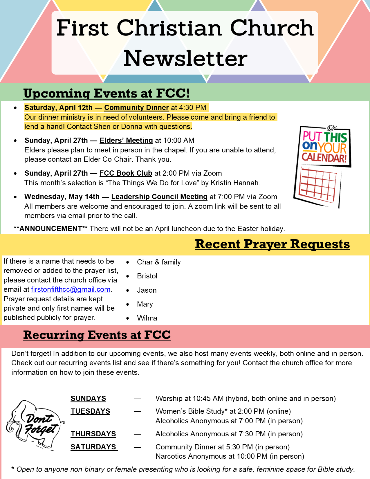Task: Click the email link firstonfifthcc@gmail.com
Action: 71,289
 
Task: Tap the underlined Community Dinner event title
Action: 136,108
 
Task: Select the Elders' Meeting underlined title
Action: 126,141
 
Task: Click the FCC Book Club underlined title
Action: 126,173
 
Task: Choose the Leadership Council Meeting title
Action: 159,197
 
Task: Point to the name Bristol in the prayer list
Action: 147,276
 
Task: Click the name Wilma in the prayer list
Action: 147,318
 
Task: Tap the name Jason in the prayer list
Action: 147,290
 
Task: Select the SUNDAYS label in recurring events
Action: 88,399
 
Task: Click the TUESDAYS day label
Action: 90,411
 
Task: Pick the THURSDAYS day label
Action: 93,434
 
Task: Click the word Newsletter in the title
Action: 185,58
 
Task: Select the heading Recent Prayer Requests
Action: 272,244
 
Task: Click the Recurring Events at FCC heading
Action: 97,335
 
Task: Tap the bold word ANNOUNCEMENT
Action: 50,229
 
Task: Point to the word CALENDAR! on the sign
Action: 324,158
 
